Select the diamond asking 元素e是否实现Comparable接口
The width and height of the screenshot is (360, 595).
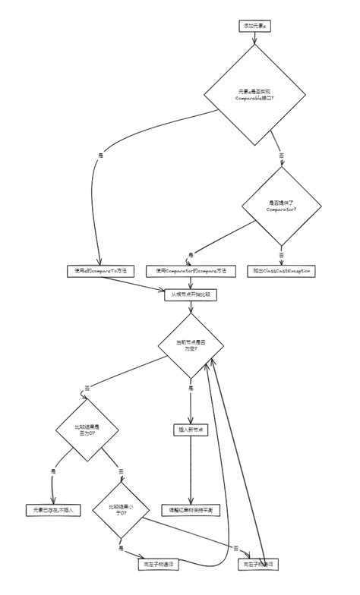click(x=254, y=95)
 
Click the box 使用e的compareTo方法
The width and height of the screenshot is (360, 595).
click(x=100, y=271)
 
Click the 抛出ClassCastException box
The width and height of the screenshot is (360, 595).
click(x=280, y=271)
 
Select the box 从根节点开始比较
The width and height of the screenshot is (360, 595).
click(x=191, y=295)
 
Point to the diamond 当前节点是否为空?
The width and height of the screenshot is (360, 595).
click(x=191, y=345)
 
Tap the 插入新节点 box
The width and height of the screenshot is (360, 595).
click(x=191, y=430)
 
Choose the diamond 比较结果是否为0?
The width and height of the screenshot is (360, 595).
click(x=88, y=432)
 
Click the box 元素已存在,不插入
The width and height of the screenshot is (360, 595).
click(x=53, y=509)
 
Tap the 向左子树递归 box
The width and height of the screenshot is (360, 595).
click(x=158, y=564)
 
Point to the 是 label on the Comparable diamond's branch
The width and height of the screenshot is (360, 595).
click(x=100, y=156)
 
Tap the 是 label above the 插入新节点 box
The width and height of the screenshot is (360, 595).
click(x=191, y=388)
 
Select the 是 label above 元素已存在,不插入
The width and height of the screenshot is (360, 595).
click(x=53, y=471)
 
